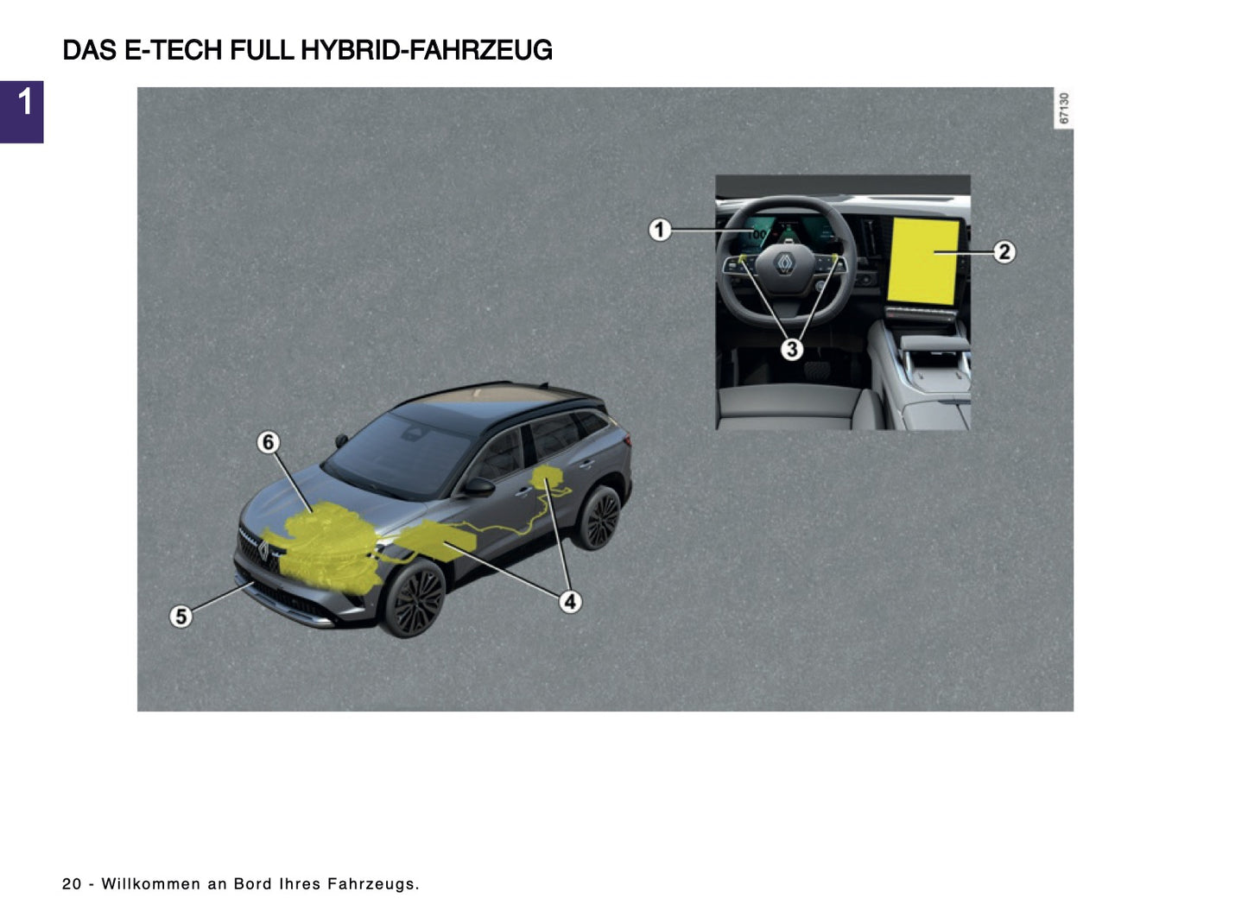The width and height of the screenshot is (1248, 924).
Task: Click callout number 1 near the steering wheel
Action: [660, 230]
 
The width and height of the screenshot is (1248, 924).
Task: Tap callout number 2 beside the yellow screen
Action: [1003, 252]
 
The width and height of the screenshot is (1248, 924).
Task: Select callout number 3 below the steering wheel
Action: [791, 350]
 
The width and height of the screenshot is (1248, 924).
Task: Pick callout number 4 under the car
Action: [570, 601]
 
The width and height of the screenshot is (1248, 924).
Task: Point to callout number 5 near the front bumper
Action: [181, 617]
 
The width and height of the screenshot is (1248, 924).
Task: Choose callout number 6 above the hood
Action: [268, 442]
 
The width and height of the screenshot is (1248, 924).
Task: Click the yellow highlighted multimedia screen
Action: [924, 261]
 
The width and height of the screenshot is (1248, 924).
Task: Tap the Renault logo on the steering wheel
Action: [785, 263]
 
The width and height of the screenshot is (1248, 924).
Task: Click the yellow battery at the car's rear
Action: [546, 477]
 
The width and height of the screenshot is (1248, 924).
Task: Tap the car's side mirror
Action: [478, 487]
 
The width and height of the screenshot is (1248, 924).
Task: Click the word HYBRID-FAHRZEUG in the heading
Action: [427, 51]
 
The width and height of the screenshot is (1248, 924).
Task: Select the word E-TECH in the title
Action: [174, 51]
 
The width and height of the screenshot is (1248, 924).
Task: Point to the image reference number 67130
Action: [1063, 108]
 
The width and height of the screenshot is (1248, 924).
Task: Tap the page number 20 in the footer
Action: [72, 884]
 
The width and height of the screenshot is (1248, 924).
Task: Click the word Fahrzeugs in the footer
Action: [372, 884]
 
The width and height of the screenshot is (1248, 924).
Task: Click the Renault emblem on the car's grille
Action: [263, 551]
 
